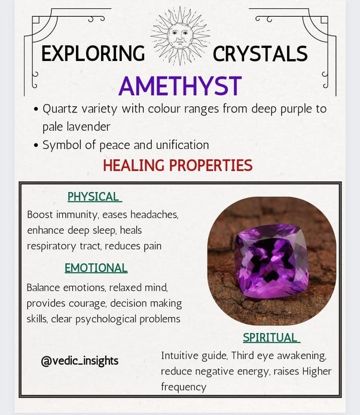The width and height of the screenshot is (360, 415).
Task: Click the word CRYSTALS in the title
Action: point(260,54)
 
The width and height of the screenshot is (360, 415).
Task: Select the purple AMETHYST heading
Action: point(180,86)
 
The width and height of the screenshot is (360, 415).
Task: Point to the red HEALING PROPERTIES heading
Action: point(178,165)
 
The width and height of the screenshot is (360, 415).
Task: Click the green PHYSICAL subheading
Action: point(94,197)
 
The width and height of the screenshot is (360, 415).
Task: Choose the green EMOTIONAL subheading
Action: point(96,268)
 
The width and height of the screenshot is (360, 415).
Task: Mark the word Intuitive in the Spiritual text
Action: point(181,355)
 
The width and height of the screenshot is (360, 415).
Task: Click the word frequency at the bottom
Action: point(184,387)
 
